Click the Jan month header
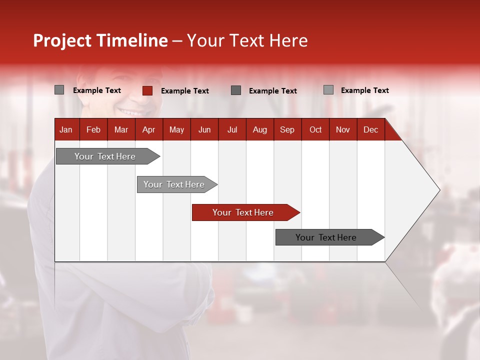pyautogui.click(x=66, y=129)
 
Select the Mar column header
pyautogui.click(x=121, y=129)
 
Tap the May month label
pyautogui.click(x=176, y=129)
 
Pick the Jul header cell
pyautogui.click(x=232, y=129)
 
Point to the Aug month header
pyautogui.click(x=259, y=129)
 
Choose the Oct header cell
pyautogui.click(x=315, y=129)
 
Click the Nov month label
pyautogui.click(x=343, y=129)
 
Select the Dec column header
pyautogui.click(x=370, y=129)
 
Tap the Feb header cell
pyautogui.click(x=93, y=129)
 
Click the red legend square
pyautogui.click(x=147, y=90)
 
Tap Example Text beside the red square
pyautogui.click(x=184, y=91)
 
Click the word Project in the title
pyautogui.click(x=62, y=40)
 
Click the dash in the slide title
pyautogui.click(x=177, y=41)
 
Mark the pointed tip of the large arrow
pyautogui.click(x=439, y=189)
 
